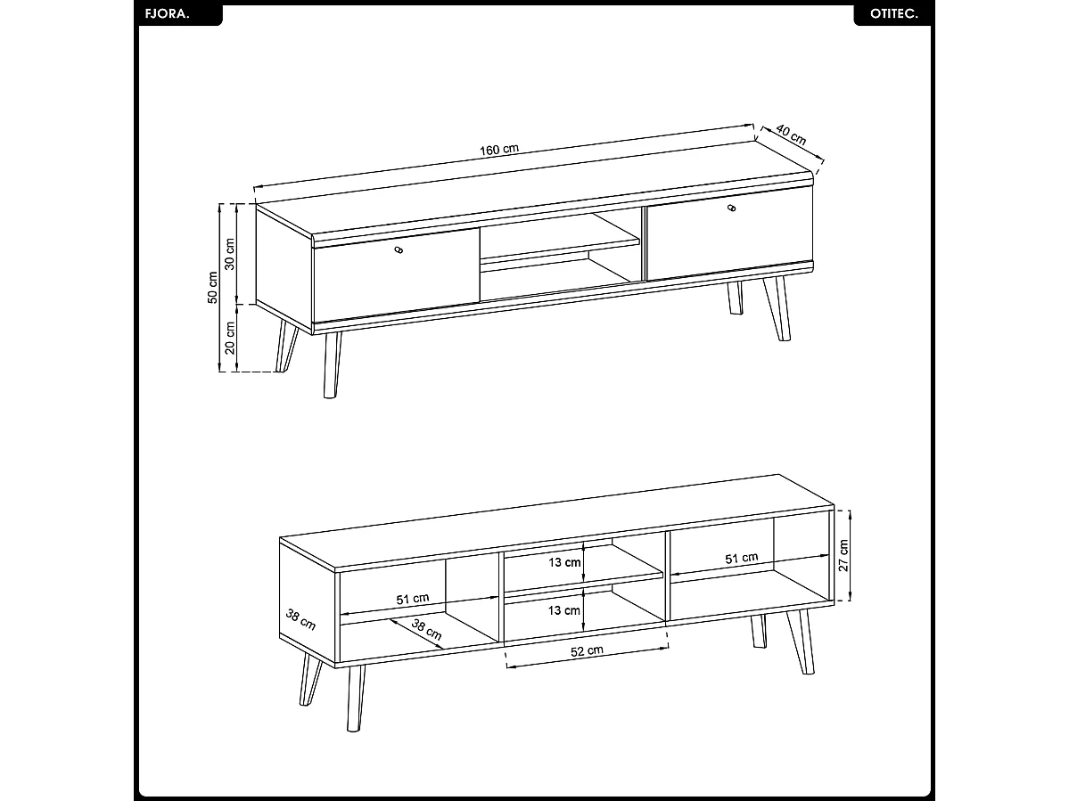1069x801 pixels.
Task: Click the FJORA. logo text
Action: (167, 14)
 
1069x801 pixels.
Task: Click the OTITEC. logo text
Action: (893, 14)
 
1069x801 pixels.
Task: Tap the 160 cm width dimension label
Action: (499, 150)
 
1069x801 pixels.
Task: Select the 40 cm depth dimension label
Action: (791, 135)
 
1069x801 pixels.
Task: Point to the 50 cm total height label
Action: (213, 288)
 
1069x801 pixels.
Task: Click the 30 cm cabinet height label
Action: (230, 254)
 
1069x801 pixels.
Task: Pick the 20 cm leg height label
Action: (230, 339)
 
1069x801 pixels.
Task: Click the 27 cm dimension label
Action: (844, 556)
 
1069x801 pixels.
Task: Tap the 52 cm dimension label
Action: (587, 651)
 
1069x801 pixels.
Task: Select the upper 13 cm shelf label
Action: (564, 562)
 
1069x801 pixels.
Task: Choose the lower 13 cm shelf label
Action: (564, 611)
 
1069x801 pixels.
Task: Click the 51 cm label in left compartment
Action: (413, 600)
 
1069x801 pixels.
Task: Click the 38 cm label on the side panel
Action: (300, 619)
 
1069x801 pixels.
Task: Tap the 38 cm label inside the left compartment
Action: (427, 629)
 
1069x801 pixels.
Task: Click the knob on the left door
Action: (399, 250)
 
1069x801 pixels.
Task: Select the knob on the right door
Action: (732, 208)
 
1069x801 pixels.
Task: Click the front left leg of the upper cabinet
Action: (332, 365)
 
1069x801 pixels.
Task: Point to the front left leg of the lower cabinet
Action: (355, 699)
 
